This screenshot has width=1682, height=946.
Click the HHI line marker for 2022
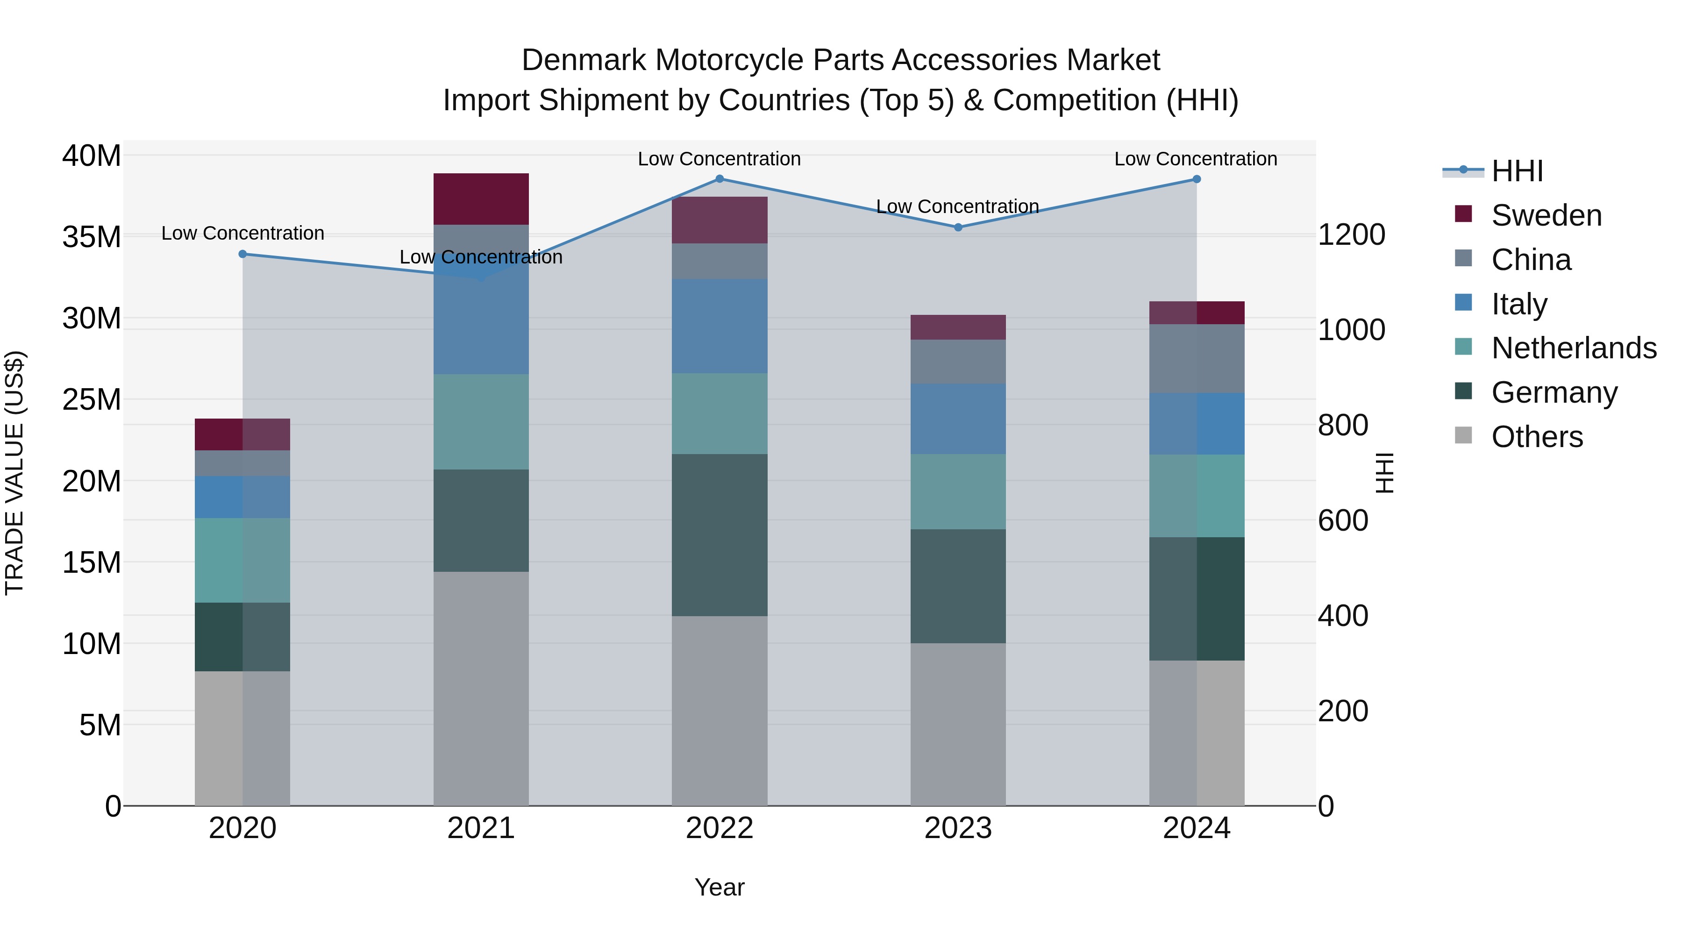[x=720, y=179]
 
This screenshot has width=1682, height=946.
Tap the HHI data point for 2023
[x=958, y=227]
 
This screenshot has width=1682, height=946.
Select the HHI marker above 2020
[x=243, y=254]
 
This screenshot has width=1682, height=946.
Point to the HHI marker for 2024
[x=1196, y=179]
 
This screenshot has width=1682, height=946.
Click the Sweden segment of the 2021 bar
[x=481, y=199]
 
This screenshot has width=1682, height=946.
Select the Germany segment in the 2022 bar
[x=720, y=535]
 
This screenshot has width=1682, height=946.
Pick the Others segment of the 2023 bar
[x=958, y=724]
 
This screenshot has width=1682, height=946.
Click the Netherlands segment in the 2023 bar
[x=958, y=491]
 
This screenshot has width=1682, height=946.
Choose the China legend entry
[x=1531, y=260]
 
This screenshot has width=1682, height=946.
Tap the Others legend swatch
[x=1464, y=435]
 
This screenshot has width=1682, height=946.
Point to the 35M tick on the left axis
[x=92, y=237]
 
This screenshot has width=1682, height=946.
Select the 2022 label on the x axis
[x=720, y=828]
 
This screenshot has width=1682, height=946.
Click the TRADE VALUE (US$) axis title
[x=14, y=473]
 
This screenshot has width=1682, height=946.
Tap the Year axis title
[x=720, y=887]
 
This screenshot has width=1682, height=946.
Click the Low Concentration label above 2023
[x=957, y=206]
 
